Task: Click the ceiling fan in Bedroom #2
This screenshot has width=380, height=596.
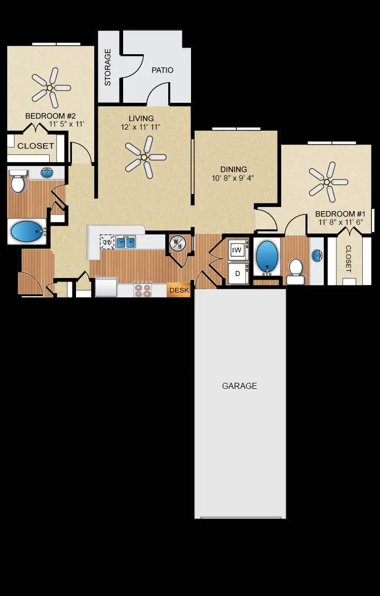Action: coord(50,88)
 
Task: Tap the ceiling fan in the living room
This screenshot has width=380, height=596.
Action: coord(145,157)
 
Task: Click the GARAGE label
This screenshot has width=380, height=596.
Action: coord(240,386)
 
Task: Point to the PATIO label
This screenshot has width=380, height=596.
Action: coord(162,70)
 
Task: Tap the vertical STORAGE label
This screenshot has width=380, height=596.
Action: coord(108,67)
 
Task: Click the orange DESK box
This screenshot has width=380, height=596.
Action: coord(179,290)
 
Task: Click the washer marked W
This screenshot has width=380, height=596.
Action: coord(237,250)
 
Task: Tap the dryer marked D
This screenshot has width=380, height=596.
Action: coord(237,273)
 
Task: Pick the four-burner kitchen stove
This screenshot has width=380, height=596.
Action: coord(143,289)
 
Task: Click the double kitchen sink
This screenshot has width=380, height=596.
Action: coord(126,242)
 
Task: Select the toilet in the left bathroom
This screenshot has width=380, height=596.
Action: coord(18,183)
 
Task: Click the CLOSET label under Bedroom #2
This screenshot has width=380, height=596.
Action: coord(35,146)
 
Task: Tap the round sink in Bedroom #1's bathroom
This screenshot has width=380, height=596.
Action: coord(317,255)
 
